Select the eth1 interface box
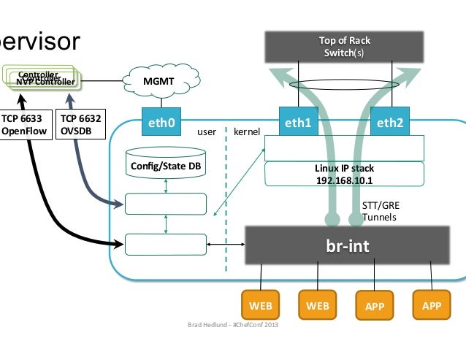(298, 123)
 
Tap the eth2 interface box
(389, 123)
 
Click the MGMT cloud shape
(158, 83)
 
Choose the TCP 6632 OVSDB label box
(81, 125)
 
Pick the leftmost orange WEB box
(261, 305)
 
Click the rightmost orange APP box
(432, 305)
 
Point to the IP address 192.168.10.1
(344, 180)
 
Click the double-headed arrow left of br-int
(224, 244)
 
